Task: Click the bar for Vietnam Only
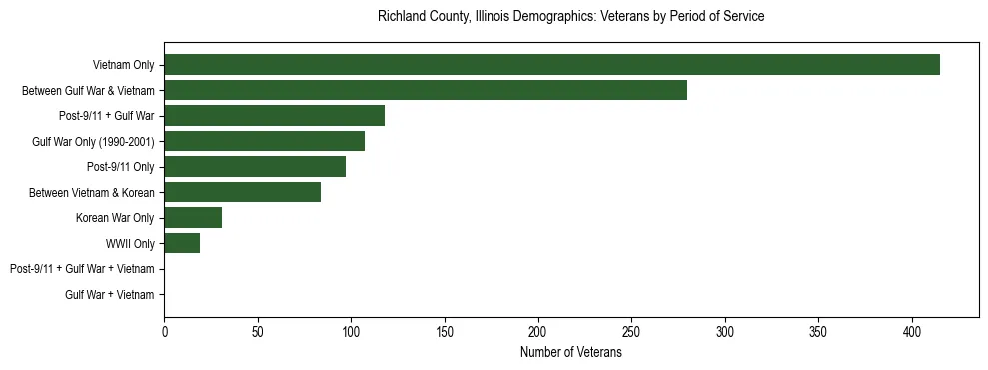click(x=551, y=65)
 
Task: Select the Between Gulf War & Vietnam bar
click(x=426, y=90)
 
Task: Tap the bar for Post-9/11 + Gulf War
click(x=274, y=116)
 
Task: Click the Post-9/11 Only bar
click(x=255, y=167)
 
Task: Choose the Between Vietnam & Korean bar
click(x=242, y=192)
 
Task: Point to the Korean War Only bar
click(x=193, y=218)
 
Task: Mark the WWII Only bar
click(x=182, y=243)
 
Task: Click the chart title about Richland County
click(x=570, y=17)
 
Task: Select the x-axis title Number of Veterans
click(x=570, y=353)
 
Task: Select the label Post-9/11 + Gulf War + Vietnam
click(x=82, y=269)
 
